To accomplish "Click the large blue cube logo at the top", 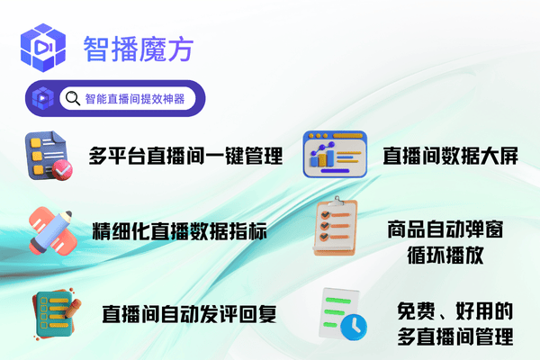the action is (43, 48).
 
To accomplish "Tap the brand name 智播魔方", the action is (138, 49).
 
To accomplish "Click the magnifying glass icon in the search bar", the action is (73, 98).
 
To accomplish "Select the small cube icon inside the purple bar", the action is (42, 98).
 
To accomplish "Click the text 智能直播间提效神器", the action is (135, 99).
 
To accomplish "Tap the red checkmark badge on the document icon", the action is (62, 170).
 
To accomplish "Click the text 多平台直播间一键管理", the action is (185, 156).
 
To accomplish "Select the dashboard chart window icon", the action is (335, 154).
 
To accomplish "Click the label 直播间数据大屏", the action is (451, 156).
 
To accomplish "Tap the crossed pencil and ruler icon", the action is (53, 231).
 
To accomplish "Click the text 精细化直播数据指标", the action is (179, 230).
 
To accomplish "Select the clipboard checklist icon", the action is (335, 226).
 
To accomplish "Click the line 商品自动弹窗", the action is (445, 229).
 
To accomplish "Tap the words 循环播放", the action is (445, 256).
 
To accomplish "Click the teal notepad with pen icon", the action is (56, 314).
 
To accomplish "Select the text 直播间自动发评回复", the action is (189, 314).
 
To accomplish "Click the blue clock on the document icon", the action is (354, 328).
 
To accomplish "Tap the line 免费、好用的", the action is (454, 311).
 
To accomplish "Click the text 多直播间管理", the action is (454, 337).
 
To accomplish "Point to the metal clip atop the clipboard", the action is (337, 201).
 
